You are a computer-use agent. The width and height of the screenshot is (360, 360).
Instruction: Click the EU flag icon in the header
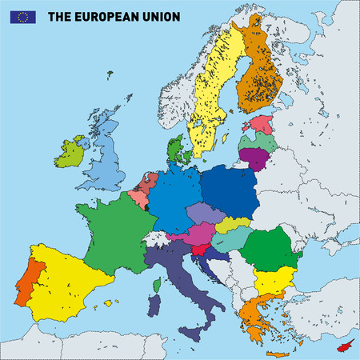point(22,16)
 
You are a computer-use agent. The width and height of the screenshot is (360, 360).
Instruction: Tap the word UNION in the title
point(161,16)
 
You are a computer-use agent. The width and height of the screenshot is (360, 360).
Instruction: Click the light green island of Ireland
point(70,152)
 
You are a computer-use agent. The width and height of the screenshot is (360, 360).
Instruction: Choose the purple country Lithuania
point(254,156)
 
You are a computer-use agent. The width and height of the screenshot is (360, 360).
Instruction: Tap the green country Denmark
point(177,150)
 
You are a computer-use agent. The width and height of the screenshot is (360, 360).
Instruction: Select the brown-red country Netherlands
point(146,183)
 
